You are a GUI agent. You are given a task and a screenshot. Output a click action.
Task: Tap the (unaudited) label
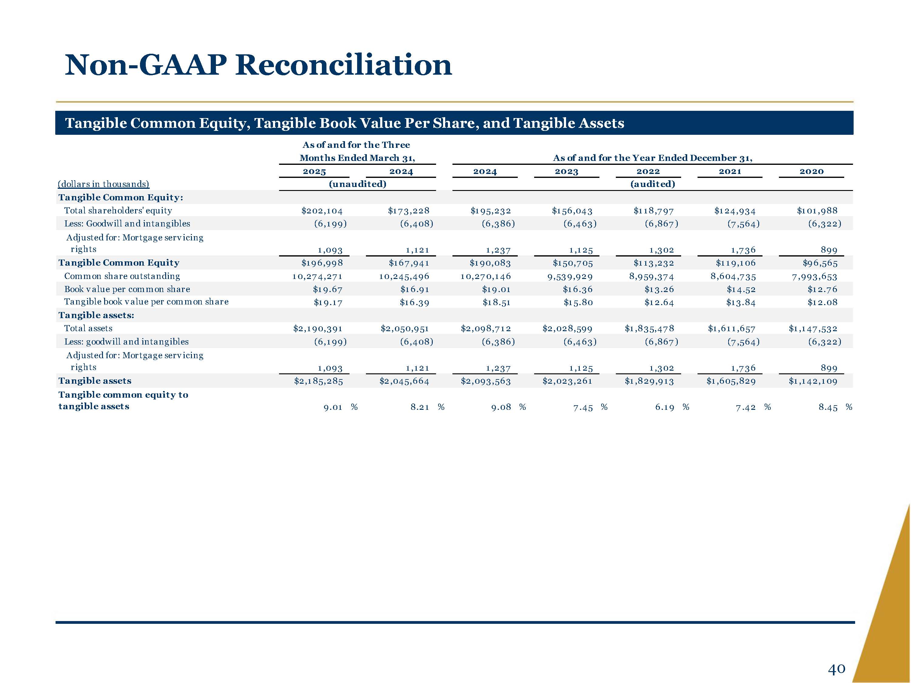[357, 184]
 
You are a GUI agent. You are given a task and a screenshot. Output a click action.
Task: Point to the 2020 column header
[811, 171]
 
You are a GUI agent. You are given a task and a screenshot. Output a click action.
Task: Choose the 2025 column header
[314, 171]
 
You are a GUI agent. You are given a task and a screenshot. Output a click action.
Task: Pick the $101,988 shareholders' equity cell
[817, 211]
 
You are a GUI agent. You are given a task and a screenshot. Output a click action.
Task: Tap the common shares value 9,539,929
[570, 277]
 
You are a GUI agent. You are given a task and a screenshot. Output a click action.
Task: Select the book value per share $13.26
[659, 289]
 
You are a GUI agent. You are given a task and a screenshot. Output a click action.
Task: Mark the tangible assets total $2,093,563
[486, 381]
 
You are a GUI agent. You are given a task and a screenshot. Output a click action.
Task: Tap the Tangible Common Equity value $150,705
[572, 263]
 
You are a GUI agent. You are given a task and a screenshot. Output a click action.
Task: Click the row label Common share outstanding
[122, 276]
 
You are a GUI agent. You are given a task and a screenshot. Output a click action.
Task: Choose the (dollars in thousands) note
[103, 184]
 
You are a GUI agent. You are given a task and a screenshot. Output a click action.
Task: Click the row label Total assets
[88, 328]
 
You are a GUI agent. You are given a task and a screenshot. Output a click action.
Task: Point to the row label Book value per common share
[127, 289]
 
